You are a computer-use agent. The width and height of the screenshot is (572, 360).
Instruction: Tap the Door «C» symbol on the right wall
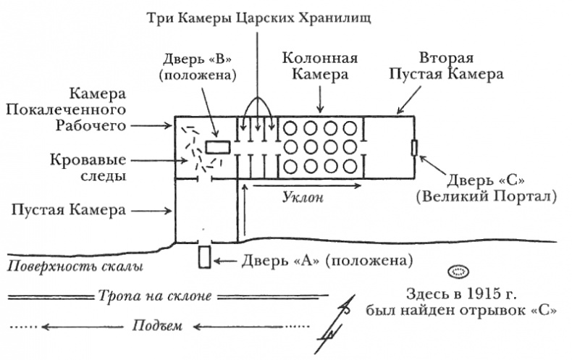(413, 148)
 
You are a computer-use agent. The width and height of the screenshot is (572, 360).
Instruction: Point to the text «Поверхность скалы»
(75, 267)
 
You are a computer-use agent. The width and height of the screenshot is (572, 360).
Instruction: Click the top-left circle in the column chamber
(292, 129)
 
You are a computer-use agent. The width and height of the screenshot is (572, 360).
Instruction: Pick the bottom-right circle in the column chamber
(350, 167)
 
